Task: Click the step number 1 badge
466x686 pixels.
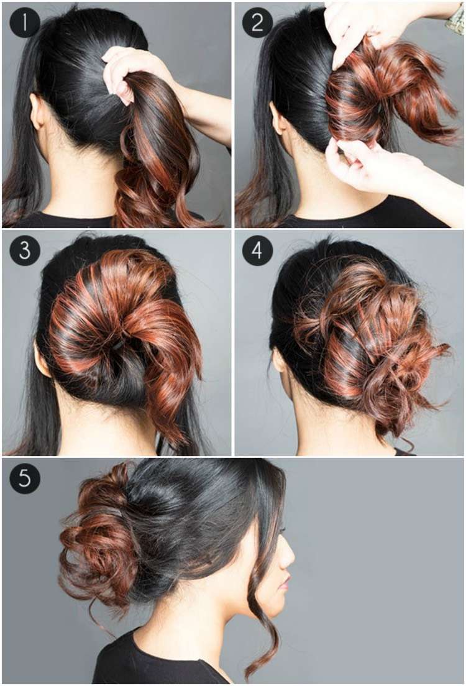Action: tap(24, 22)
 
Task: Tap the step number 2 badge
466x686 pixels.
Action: tap(257, 22)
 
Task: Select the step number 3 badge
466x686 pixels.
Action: tap(24, 250)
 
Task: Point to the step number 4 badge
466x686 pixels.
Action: tap(257, 250)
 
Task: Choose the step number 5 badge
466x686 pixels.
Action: tap(24, 478)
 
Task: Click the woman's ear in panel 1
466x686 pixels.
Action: tap(36, 111)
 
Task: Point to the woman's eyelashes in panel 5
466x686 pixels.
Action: tap(282, 530)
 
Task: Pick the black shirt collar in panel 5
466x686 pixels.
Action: tap(144, 656)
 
